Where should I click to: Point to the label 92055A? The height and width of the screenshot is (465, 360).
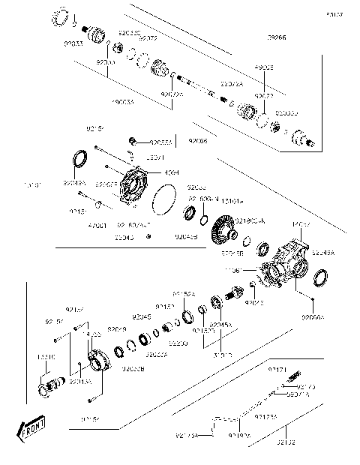[161, 141]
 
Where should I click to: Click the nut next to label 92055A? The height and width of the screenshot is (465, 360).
[133, 140]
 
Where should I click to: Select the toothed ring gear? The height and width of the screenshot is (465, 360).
[223, 228]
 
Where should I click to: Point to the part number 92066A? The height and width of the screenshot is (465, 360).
[313, 317]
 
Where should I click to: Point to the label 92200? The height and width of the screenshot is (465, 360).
[178, 343]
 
